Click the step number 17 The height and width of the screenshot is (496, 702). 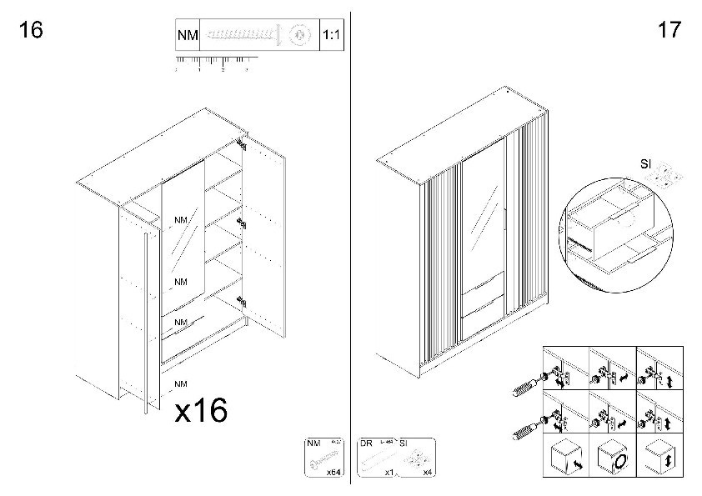pos(669,31)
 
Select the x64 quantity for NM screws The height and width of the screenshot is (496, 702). pos(333,472)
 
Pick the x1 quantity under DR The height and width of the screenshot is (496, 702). pos(389,472)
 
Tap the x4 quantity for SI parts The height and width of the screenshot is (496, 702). pos(427,472)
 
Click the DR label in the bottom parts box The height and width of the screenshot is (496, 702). pos(367,443)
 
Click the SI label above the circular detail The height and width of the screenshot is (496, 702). pos(645,164)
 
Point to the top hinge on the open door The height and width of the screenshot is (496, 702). pos(243,144)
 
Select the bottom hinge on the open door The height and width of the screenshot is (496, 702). pos(242,303)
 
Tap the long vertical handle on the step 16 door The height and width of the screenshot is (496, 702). pos(147,325)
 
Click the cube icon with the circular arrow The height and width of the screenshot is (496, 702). pos(618,458)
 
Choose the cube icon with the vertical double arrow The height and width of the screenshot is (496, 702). pos(664,458)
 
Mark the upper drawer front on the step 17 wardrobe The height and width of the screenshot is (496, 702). pos(484,288)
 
